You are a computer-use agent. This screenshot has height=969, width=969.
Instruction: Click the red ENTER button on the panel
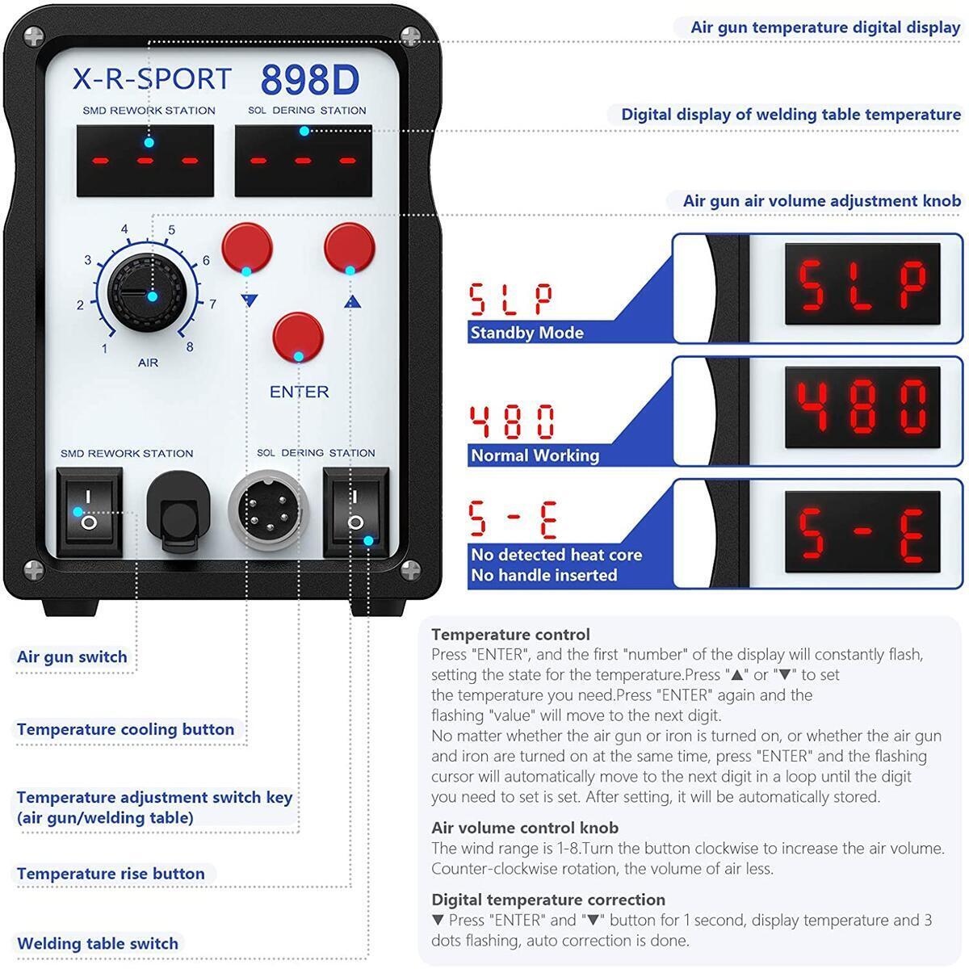click(x=298, y=338)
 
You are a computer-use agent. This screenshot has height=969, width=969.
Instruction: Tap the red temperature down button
click(x=246, y=248)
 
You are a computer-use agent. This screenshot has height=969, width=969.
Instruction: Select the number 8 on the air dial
click(x=190, y=347)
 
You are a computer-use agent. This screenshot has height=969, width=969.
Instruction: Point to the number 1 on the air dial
click(x=104, y=349)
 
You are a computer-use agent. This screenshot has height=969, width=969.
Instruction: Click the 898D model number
click(x=309, y=80)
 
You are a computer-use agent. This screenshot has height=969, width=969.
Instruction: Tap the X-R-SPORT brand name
click(x=152, y=79)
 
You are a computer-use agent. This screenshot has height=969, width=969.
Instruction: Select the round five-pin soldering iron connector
click(x=265, y=511)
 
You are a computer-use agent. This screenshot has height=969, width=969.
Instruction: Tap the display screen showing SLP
click(x=862, y=287)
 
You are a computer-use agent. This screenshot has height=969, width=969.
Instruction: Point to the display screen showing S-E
click(x=862, y=533)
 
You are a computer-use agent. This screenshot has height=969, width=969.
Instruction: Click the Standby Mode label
click(x=526, y=333)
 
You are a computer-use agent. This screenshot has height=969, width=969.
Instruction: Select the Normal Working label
click(x=535, y=455)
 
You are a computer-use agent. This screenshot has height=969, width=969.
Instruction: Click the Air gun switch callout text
click(x=72, y=656)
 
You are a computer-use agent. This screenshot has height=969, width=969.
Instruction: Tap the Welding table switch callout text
click(x=97, y=943)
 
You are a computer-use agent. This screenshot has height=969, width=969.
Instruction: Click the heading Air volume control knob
click(x=525, y=828)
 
